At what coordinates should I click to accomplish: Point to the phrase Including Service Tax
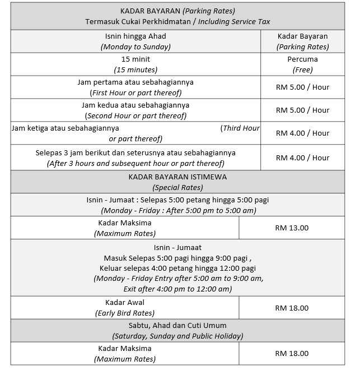240,22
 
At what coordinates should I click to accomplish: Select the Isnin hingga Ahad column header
136,36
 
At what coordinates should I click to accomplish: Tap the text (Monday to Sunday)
136,47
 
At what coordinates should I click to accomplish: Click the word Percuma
302,59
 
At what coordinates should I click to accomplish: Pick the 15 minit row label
136,59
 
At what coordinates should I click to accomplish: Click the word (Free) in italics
302,70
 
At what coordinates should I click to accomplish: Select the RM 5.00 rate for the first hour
302,87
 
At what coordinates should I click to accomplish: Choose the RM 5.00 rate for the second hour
302,110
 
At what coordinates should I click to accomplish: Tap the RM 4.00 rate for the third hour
302,133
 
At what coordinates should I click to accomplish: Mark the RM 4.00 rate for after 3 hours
302,158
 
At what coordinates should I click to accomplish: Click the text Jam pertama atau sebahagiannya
136,82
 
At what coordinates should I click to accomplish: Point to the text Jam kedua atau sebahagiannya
136,105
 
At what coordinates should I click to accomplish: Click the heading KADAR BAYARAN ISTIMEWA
178,177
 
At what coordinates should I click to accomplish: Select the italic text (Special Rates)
178,187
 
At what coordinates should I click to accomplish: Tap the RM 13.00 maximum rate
292,228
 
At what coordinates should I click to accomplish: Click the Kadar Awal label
125,303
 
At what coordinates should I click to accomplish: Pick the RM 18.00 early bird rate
292,308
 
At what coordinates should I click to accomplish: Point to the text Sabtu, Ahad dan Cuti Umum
178,325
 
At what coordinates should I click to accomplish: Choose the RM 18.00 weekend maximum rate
292,354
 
